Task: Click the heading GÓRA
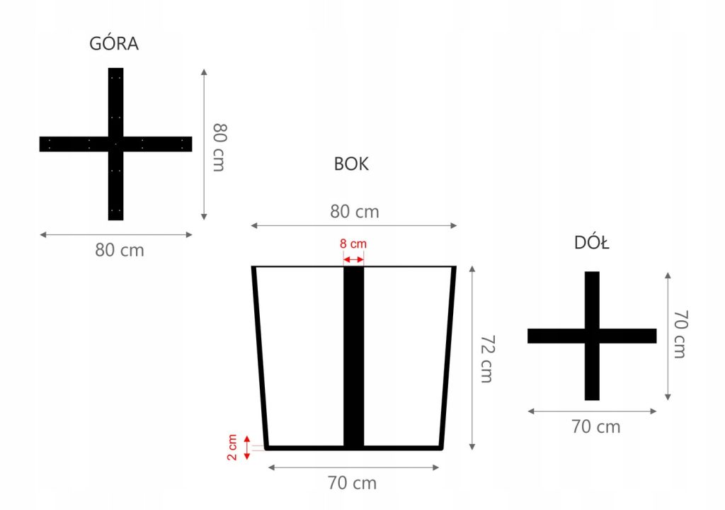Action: click(x=114, y=44)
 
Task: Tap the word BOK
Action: click(x=351, y=164)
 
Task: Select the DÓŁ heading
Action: click(x=592, y=244)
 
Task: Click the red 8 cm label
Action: click(x=353, y=244)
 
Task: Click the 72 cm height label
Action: click(x=486, y=358)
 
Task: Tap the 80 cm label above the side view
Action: click(x=354, y=211)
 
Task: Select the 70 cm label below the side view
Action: click(x=352, y=483)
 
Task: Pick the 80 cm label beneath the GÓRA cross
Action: click(x=120, y=250)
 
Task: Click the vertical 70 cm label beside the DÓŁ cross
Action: click(x=679, y=334)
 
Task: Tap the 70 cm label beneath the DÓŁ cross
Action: click(x=596, y=427)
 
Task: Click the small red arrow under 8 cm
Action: click(x=353, y=260)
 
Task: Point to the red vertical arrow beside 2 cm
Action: click(x=247, y=448)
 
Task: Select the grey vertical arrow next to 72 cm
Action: click(x=472, y=358)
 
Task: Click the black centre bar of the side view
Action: click(x=353, y=354)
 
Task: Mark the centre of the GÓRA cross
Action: click(x=115, y=144)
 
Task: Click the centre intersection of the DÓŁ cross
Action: click(x=592, y=336)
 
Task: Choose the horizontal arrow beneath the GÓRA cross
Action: click(x=115, y=234)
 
